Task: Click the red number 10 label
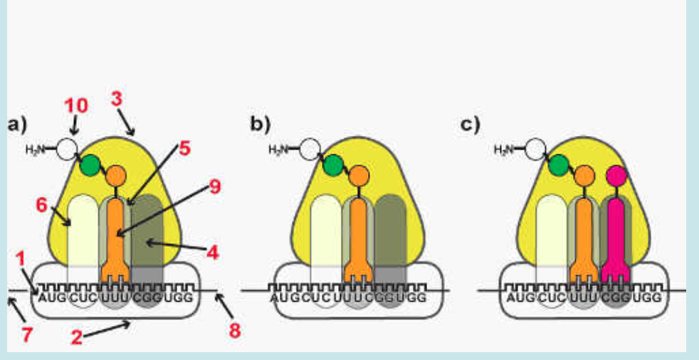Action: click(76, 106)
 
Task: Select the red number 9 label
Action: click(214, 187)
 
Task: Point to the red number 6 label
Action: click(41, 204)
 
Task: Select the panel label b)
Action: click(260, 125)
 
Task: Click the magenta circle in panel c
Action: click(616, 174)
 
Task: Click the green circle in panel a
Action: click(90, 165)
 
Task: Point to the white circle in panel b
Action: click(310, 150)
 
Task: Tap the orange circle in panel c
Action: click(584, 175)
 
